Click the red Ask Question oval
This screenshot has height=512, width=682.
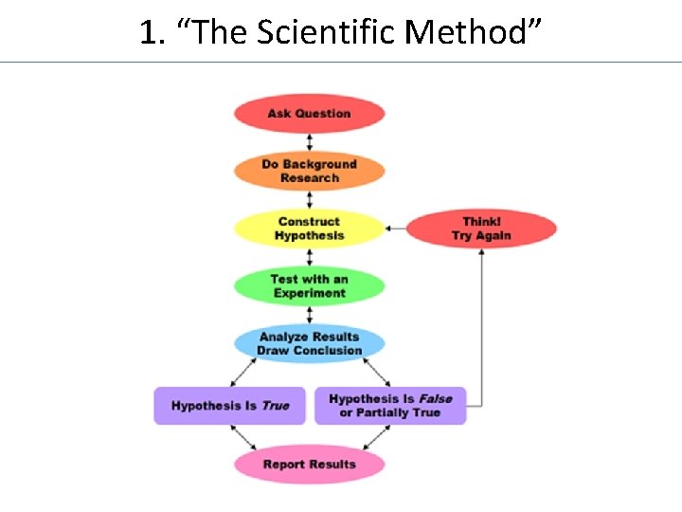309,114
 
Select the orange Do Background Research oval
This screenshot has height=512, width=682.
309,172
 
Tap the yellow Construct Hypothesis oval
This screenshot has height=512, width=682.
309,229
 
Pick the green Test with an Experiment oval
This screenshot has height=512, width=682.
309,286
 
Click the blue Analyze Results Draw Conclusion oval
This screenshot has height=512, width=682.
309,343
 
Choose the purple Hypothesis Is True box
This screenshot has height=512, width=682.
229,406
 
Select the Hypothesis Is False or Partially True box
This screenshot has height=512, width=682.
390,406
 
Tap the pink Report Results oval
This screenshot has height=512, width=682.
309,465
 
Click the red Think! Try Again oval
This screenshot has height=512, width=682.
481,229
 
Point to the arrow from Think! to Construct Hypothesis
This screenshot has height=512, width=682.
395,229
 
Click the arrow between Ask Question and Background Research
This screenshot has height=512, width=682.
309,142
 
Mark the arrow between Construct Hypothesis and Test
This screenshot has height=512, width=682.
309,257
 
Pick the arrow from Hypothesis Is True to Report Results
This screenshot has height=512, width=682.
244,437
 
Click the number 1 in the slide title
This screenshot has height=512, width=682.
146,33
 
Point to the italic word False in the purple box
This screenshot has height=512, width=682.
436,399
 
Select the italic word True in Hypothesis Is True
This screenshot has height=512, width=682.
275,406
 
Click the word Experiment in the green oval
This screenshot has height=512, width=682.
310,293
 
